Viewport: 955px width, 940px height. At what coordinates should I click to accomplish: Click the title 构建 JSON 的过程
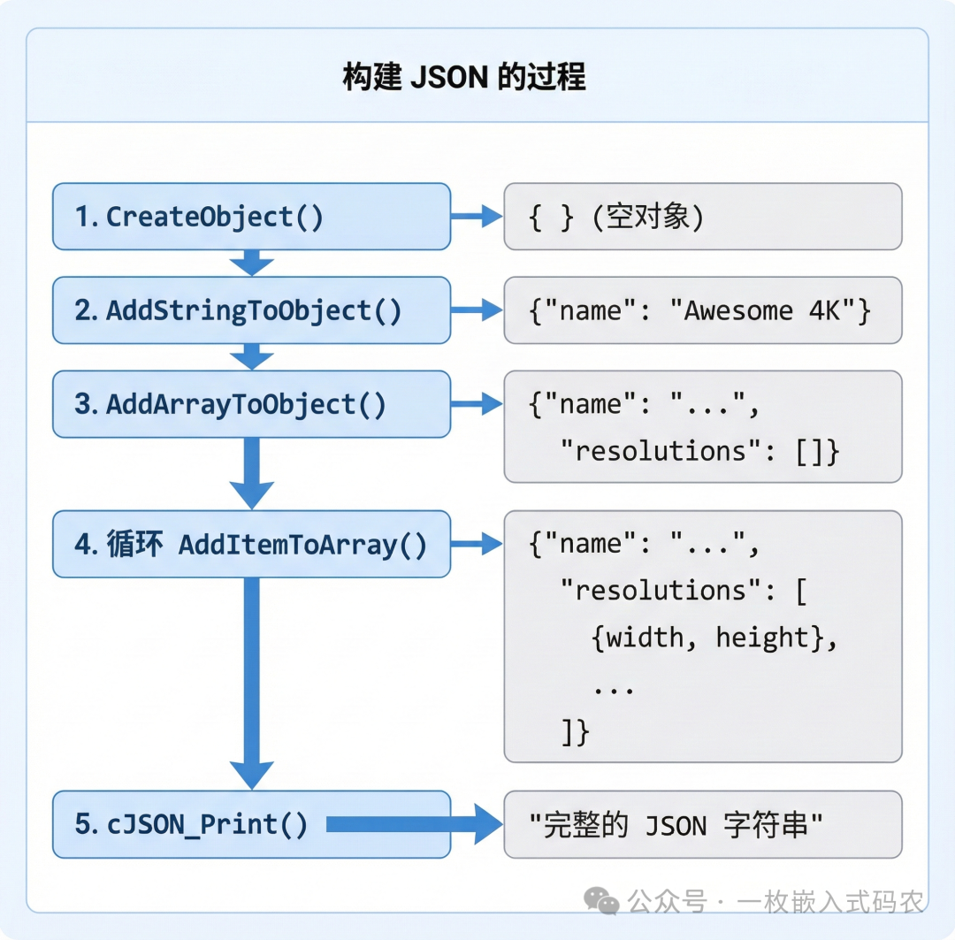pyautogui.click(x=463, y=78)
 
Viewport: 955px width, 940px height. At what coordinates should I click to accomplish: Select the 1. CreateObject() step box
pyautogui.click(x=251, y=217)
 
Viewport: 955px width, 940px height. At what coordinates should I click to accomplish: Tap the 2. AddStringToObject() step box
pyautogui.click(x=251, y=310)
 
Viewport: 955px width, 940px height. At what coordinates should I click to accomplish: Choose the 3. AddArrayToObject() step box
pyautogui.click(x=251, y=404)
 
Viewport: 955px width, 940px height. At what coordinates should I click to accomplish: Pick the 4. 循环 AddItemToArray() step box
pyautogui.click(x=251, y=544)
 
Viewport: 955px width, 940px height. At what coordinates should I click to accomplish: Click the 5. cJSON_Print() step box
pyautogui.click(x=251, y=824)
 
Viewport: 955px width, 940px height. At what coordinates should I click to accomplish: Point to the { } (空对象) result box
pyautogui.click(x=703, y=217)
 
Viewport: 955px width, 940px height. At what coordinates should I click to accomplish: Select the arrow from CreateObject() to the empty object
pyautogui.click(x=477, y=217)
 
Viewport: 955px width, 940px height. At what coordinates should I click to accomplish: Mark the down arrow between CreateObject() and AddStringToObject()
pyautogui.click(x=252, y=263)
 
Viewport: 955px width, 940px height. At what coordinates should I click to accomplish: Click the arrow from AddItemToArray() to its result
pyautogui.click(x=477, y=544)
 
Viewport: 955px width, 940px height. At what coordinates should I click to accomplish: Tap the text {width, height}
pyautogui.click(x=714, y=638)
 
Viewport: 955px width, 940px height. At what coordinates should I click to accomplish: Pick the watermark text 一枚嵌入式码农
pyautogui.click(x=831, y=902)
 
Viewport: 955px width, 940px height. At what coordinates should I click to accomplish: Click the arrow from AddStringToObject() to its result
pyautogui.click(x=477, y=310)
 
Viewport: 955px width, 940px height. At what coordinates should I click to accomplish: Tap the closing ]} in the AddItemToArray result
pyautogui.click(x=575, y=732)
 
